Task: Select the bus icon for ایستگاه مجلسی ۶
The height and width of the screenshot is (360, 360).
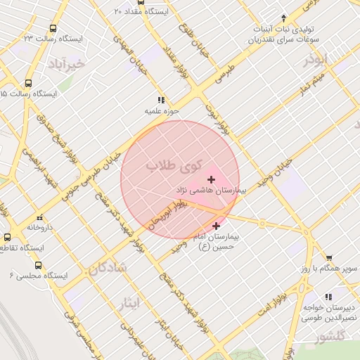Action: [37, 266]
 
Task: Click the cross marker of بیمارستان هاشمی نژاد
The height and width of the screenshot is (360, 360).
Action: [212, 180]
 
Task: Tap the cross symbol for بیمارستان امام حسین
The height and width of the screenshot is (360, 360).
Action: [215, 226]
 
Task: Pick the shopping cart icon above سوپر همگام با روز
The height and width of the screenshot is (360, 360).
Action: [329, 258]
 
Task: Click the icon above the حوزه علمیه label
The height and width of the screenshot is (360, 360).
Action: [162, 100]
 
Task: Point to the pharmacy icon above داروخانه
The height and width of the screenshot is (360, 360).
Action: [39, 217]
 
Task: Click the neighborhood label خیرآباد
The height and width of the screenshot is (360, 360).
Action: [67, 65]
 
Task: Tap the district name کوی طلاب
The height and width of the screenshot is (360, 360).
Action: [174, 166]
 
